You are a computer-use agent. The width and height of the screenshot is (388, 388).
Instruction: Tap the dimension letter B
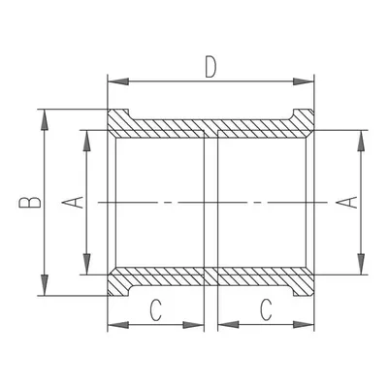30,202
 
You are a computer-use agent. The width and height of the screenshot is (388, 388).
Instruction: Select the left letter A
74,203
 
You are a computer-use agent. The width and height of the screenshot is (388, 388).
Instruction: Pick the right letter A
346,203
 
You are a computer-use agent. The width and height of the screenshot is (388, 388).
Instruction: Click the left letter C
156,309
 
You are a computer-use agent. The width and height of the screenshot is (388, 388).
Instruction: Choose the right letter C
266,309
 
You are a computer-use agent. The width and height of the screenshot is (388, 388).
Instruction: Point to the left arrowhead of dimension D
118,81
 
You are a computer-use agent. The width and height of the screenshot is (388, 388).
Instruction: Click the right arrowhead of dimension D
304,81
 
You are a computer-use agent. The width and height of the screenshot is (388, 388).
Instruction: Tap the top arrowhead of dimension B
45,120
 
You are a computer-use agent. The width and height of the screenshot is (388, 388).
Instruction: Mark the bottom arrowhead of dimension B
45,285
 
